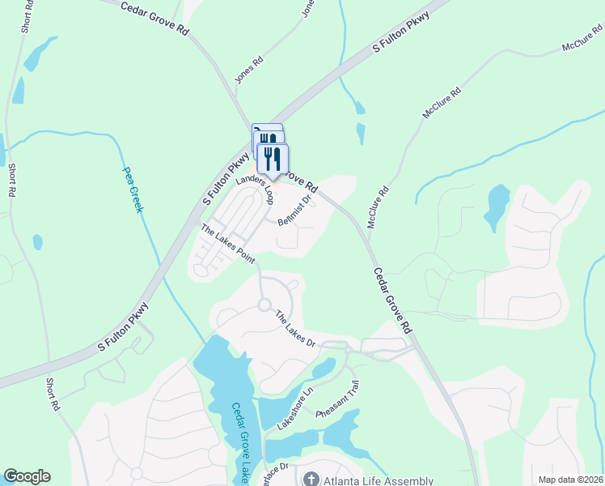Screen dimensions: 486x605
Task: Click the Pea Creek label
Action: (x=133, y=190)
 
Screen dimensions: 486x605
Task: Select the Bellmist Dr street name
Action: (x=294, y=211)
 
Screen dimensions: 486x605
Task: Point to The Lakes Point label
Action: (x=228, y=245)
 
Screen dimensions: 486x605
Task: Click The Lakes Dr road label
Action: (x=294, y=329)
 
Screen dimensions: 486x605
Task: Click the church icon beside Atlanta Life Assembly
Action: (x=310, y=480)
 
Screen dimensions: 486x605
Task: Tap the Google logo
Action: (x=27, y=476)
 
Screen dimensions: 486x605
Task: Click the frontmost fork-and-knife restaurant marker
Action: (x=273, y=158)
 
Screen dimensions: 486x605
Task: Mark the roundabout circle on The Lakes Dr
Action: (x=264, y=305)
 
